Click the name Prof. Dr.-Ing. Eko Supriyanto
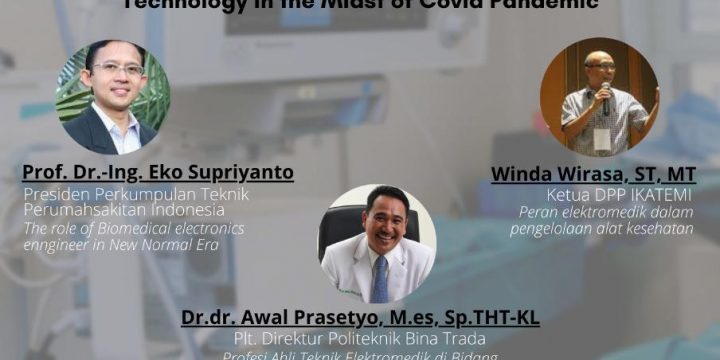tap(159, 173)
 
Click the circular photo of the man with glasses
tap(113, 97)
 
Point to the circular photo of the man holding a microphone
tap(599, 97)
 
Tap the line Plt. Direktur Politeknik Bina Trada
tap(360, 339)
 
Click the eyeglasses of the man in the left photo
tap(118, 68)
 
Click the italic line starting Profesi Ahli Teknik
tap(360, 354)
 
